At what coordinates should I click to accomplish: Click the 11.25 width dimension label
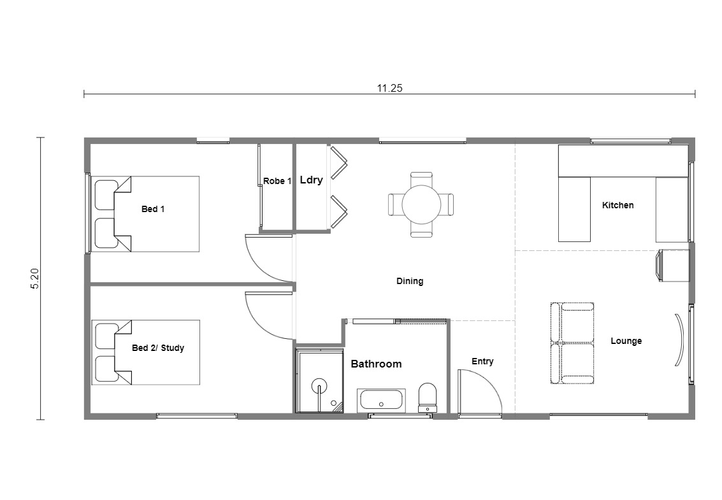pyautogui.click(x=389, y=88)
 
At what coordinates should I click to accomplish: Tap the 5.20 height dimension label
pyautogui.click(x=35, y=279)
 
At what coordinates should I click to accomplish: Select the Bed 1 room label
pyautogui.click(x=153, y=209)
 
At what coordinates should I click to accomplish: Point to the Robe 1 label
pyautogui.click(x=277, y=181)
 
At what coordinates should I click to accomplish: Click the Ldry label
pyautogui.click(x=311, y=180)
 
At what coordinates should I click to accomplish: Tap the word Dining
pyautogui.click(x=410, y=281)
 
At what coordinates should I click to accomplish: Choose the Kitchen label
pyautogui.click(x=618, y=205)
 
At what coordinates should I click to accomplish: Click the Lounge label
pyautogui.click(x=626, y=341)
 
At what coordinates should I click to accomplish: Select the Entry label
pyautogui.click(x=482, y=361)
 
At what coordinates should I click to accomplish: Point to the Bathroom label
pyautogui.click(x=376, y=364)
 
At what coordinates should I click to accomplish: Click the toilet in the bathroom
pyautogui.click(x=428, y=397)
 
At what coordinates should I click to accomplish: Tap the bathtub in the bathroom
pyautogui.click(x=381, y=401)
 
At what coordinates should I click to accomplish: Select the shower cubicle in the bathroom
pyautogui.click(x=319, y=381)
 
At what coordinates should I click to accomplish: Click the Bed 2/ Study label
pyautogui.click(x=158, y=348)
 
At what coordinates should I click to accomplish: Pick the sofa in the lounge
pyautogui.click(x=572, y=343)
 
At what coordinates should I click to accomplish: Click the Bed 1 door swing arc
pyautogui.click(x=258, y=266)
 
